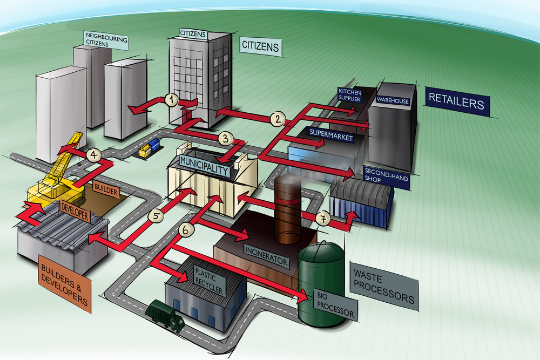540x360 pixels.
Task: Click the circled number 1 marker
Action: (x=171, y=99)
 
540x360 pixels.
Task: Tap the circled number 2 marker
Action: (x=277, y=118)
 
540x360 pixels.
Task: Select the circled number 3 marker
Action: (x=226, y=138)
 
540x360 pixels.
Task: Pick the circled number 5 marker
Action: (x=156, y=216)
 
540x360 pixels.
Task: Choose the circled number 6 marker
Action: (x=185, y=230)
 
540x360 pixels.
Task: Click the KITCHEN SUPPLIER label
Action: (x=349, y=96)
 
